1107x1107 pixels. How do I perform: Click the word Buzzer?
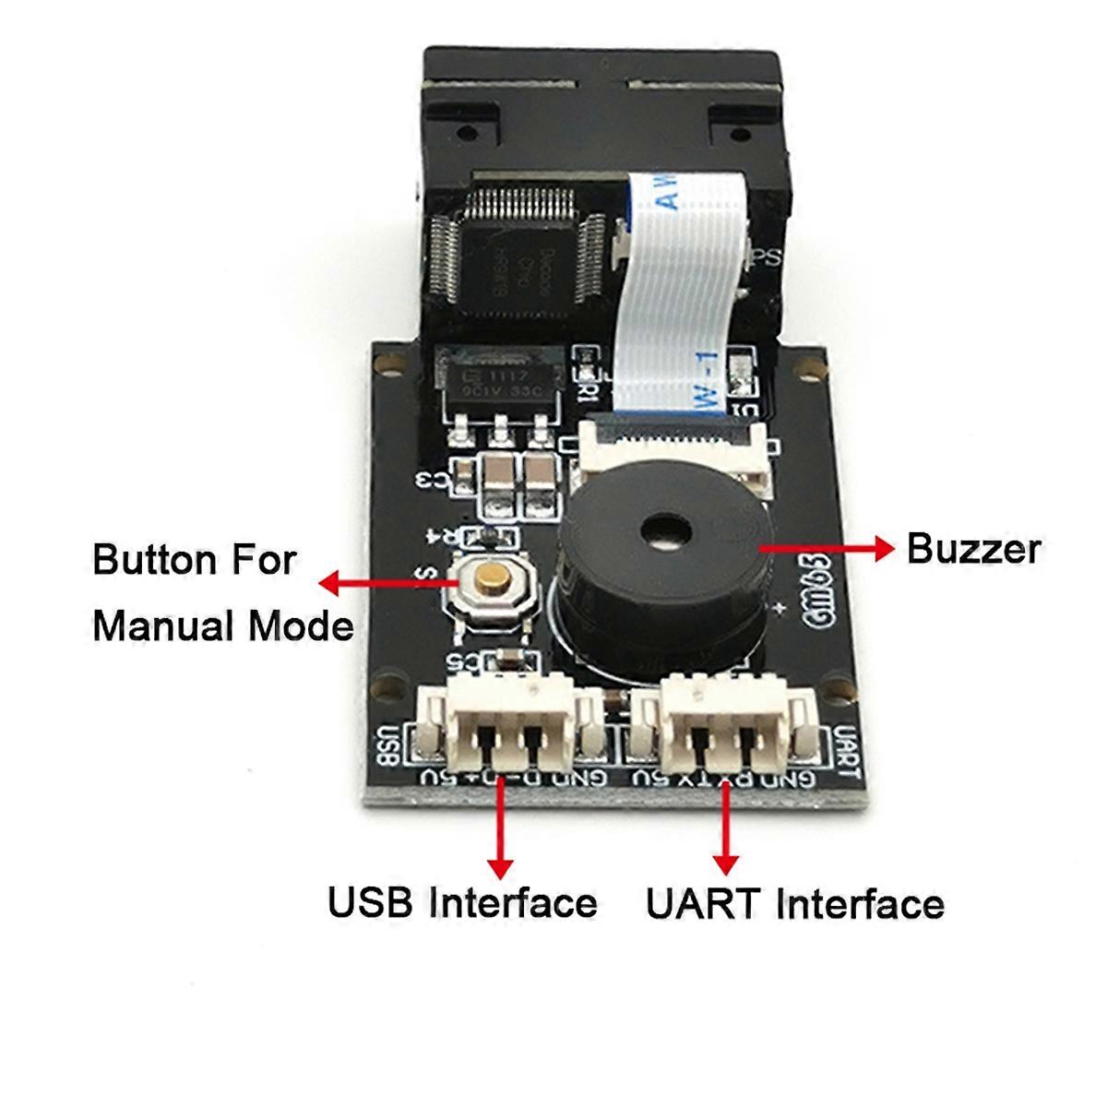point(973,549)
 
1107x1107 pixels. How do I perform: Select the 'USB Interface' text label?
point(462,901)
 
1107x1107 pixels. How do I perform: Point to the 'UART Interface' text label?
point(794,903)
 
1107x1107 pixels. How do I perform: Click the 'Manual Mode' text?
point(223,626)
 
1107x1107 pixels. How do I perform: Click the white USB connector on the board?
point(505,724)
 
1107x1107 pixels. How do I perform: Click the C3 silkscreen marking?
point(433,481)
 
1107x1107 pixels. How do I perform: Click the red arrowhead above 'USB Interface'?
point(501,866)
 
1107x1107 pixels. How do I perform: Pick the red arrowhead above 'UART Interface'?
point(726,864)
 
